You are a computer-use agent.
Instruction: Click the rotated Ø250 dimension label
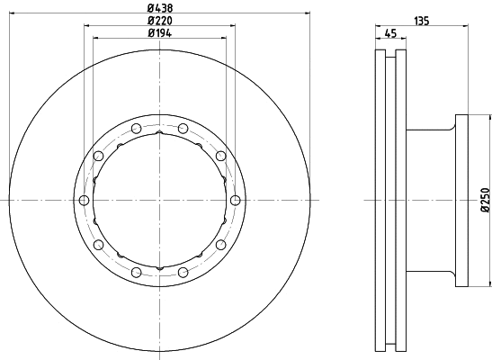coord(484,199)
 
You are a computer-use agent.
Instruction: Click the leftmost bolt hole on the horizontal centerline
coord(84,200)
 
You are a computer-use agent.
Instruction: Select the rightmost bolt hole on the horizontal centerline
coord(235,200)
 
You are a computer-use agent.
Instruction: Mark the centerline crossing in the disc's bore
coord(159,200)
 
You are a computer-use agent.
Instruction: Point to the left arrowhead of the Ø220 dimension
coord(87,27)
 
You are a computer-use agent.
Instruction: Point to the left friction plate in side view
coord(379,200)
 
